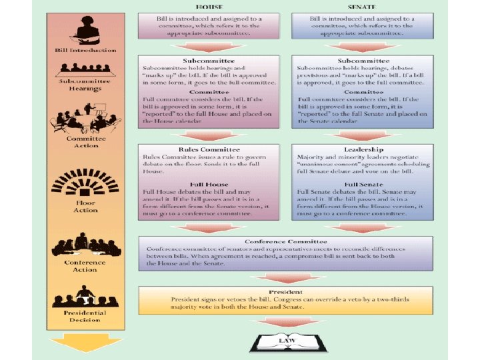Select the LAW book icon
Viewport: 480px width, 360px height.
288,341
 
